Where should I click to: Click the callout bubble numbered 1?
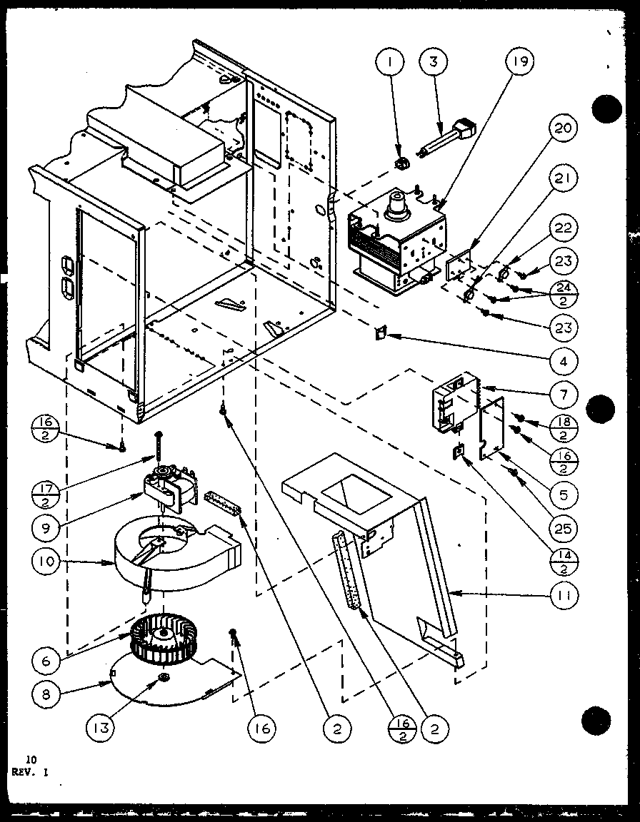tap(391, 62)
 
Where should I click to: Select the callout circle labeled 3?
tap(434, 62)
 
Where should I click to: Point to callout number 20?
tap(564, 129)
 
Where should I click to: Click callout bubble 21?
tap(564, 179)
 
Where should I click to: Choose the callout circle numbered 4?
tap(564, 361)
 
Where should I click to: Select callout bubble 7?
tap(564, 393)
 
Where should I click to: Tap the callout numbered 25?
tap(564, 529)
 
